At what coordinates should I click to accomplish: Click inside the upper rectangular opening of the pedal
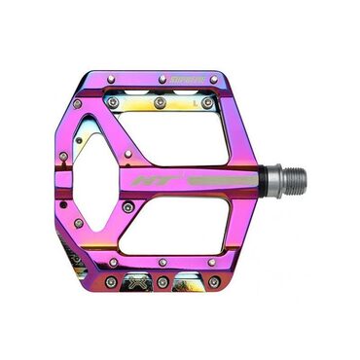175,136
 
